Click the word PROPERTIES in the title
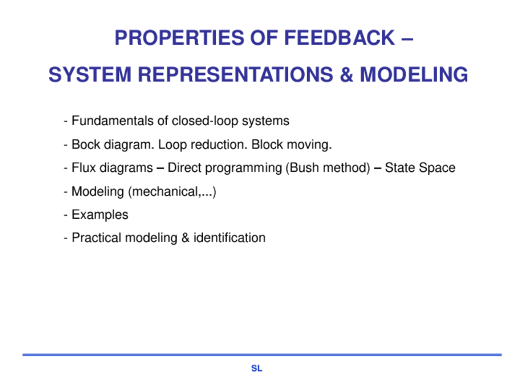179,38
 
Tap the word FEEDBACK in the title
340,38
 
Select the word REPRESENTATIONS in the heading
235,74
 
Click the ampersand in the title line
346,74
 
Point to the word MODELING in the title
414,74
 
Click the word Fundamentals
113,121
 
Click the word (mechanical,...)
172,192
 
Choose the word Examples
100,215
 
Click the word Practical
96,238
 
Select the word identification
229,238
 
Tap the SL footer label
257,369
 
